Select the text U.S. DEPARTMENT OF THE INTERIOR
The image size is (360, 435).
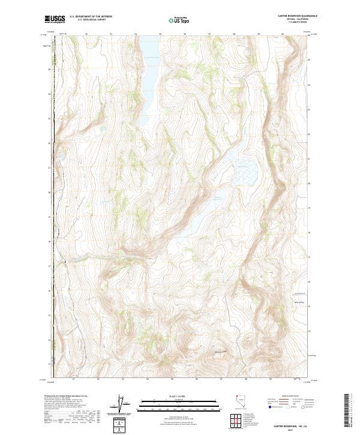pyautogui.click(x=91, y=17)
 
